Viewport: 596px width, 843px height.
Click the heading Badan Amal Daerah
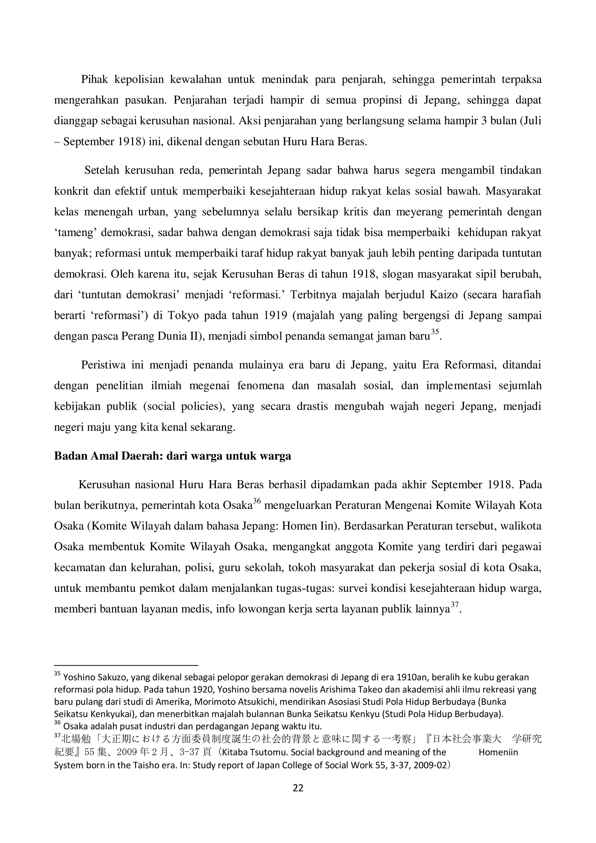(172, 456)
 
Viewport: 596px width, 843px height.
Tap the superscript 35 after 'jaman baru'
(435, 332)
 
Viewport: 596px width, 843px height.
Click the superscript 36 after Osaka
(257, 501)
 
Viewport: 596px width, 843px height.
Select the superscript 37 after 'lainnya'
(455, 605)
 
